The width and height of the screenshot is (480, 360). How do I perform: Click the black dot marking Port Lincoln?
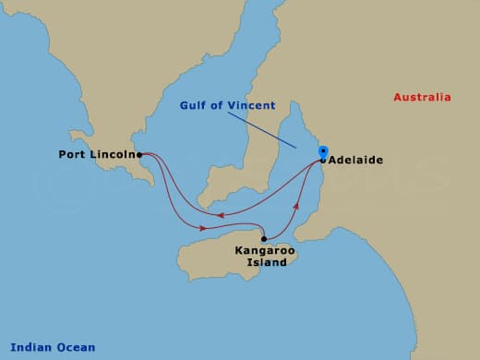(139, 155)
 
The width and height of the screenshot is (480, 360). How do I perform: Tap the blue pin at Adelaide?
(322, 152)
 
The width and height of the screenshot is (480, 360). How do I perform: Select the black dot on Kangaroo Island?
(264, 238)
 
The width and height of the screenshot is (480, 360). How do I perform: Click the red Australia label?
(422, 98)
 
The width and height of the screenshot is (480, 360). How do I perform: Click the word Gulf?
(196, 106)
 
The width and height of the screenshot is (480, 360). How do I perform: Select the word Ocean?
(75, 347)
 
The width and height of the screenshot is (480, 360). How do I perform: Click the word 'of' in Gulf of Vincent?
(220, 106)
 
